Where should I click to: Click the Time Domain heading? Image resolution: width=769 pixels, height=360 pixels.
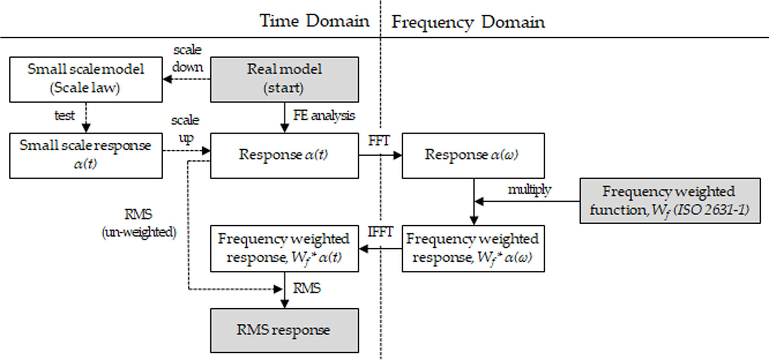pos(314,21)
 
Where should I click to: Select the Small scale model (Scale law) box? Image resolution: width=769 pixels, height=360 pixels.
pos(86,80)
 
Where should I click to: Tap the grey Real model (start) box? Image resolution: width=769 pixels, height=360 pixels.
pos(285,80)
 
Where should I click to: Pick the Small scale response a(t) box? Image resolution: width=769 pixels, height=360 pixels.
pos(86,156)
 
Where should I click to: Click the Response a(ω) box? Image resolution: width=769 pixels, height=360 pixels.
pos(473,156)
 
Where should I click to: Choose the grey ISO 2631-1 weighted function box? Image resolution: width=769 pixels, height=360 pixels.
pos(670,201)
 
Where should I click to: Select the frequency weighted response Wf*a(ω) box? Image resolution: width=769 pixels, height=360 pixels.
pos(473,249)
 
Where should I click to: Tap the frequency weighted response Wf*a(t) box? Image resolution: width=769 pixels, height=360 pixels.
pos(285,249)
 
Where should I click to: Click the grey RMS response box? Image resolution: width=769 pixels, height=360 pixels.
pos(285,330)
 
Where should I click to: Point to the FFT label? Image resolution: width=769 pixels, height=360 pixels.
pos(379,140)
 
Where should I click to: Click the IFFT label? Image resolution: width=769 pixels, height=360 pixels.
pos(380,232)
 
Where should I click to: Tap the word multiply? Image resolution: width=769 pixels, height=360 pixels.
pos(530,190)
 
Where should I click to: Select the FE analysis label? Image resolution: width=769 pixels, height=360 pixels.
pos(324,115)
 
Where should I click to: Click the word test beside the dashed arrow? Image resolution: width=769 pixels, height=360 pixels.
pos(64,115)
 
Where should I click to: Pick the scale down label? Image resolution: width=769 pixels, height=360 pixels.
pos(187,59)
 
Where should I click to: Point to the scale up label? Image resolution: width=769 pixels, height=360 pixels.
pos(186,129)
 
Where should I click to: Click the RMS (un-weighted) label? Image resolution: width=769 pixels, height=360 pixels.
pos(139,223)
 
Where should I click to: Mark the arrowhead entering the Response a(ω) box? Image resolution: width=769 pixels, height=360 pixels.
pos(398,155)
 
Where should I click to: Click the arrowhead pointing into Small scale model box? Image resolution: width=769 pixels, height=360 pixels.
pos(167,80)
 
